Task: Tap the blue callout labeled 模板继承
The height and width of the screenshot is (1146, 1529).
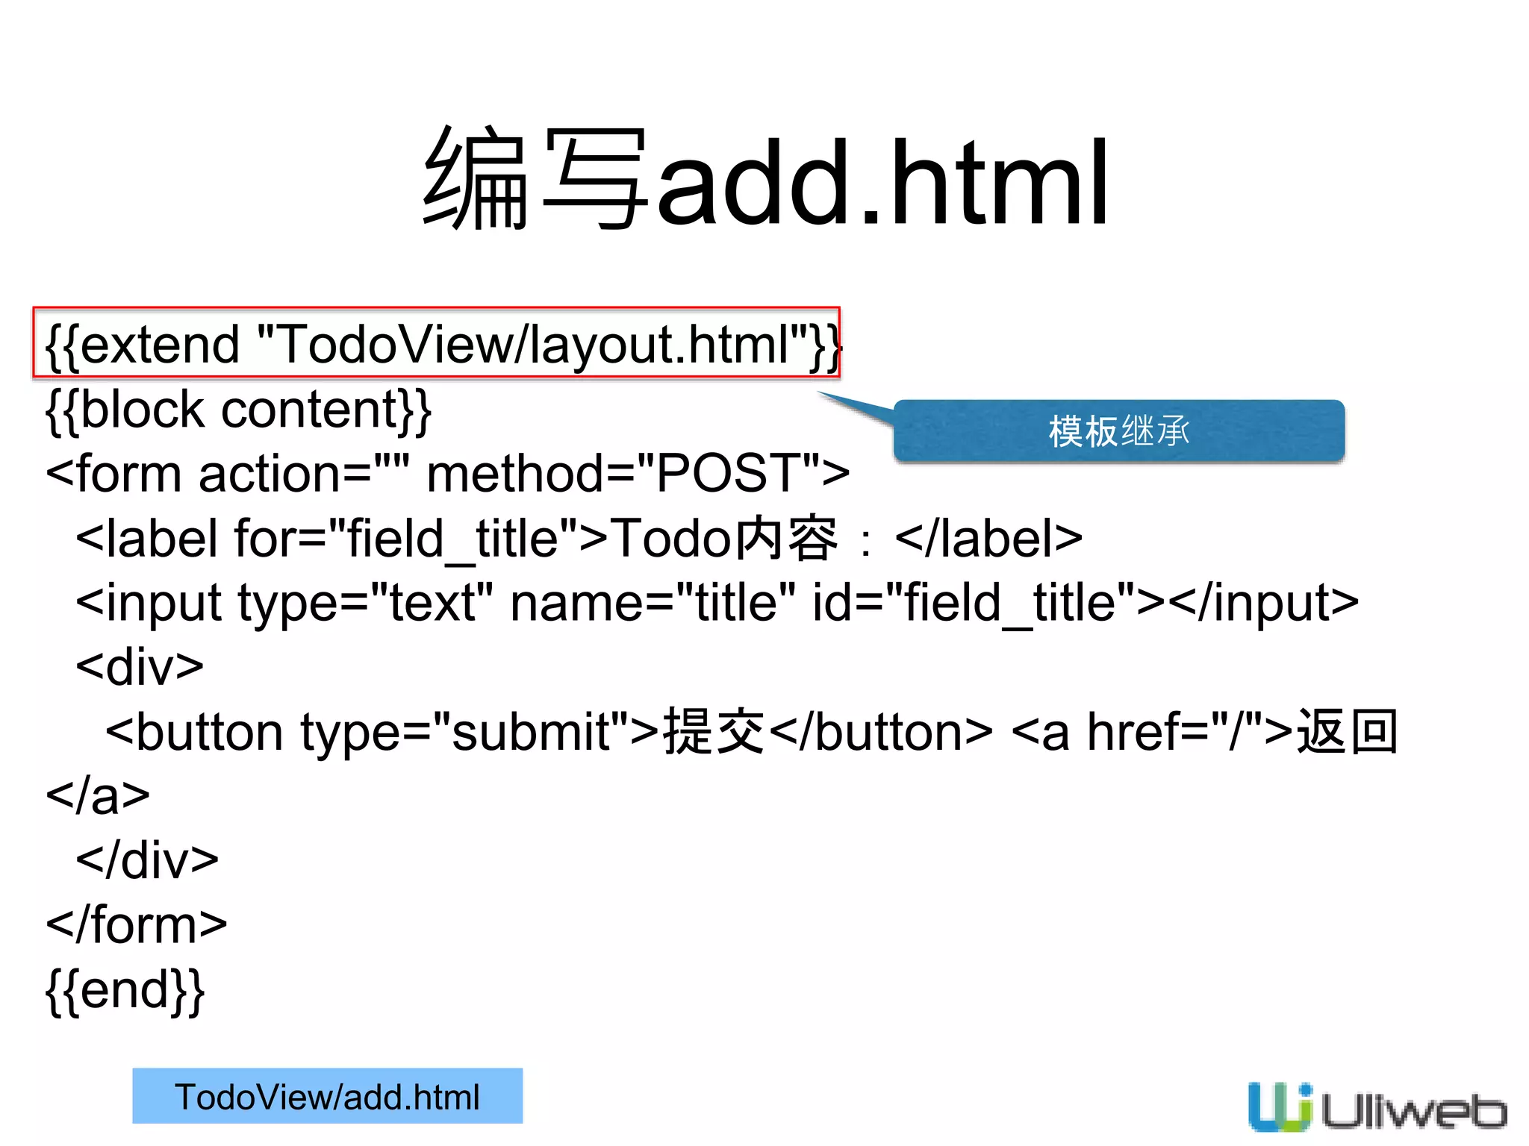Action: coord(1118,431)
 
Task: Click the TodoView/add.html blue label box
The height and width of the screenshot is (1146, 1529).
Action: coord(327,1096)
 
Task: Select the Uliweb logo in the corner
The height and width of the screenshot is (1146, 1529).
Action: coord(1376,1106)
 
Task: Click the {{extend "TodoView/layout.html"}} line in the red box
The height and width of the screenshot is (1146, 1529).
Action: coord(437,344)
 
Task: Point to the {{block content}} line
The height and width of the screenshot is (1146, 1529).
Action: coord(238,410)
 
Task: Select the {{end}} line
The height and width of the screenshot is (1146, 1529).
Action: coord(125,990)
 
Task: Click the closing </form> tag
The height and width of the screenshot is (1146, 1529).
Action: coord(137,925)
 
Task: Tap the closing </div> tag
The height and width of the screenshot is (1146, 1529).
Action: coord(147,860)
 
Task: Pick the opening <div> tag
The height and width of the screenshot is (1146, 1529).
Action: coord(140,667)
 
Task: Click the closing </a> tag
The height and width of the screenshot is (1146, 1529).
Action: coord(98,796)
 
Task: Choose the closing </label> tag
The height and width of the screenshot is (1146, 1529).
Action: coord(988,539)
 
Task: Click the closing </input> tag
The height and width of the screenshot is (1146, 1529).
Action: coord(1263,603)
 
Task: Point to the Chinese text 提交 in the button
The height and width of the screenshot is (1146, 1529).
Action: coord(714,731)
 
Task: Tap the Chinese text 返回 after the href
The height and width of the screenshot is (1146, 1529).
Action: coord(1347,731)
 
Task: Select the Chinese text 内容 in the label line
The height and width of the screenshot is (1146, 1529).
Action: coord(785,539)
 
